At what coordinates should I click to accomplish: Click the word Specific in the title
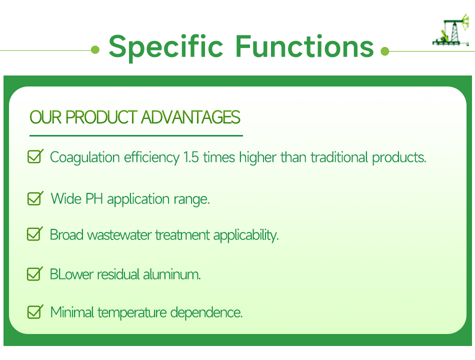click(166, 47)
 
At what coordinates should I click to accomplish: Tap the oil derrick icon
click(451, 30)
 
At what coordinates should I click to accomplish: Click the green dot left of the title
click(95, 49)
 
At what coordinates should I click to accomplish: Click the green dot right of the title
click(384, 51)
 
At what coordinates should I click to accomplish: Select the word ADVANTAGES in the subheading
click(190, 117)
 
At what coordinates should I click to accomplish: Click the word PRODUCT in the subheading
click(101, 117)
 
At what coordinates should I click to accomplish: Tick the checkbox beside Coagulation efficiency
click(35, 156)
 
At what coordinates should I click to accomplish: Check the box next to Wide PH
click(35, 198)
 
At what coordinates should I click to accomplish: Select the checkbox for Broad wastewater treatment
click(35, 234)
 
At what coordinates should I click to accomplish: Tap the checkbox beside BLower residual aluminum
click(35, 273)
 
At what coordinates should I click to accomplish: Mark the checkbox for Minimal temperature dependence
click(35, 312)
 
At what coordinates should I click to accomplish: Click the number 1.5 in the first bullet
click(191, 157)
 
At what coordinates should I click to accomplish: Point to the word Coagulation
click(85, 157)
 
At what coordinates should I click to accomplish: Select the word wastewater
click(119, 235)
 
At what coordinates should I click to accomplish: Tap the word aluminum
click(172, 274)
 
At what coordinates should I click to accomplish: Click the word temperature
click(132, 312)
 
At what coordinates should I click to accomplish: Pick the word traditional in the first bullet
click(339, 157)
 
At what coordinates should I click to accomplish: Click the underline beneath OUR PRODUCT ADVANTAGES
click(136, 136)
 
